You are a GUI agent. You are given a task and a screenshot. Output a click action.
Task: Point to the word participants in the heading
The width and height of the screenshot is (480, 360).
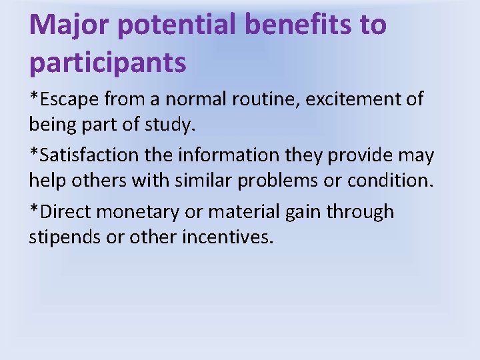(107, 63)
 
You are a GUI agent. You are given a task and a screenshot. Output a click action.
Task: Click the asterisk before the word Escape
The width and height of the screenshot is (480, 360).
(33, 97)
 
